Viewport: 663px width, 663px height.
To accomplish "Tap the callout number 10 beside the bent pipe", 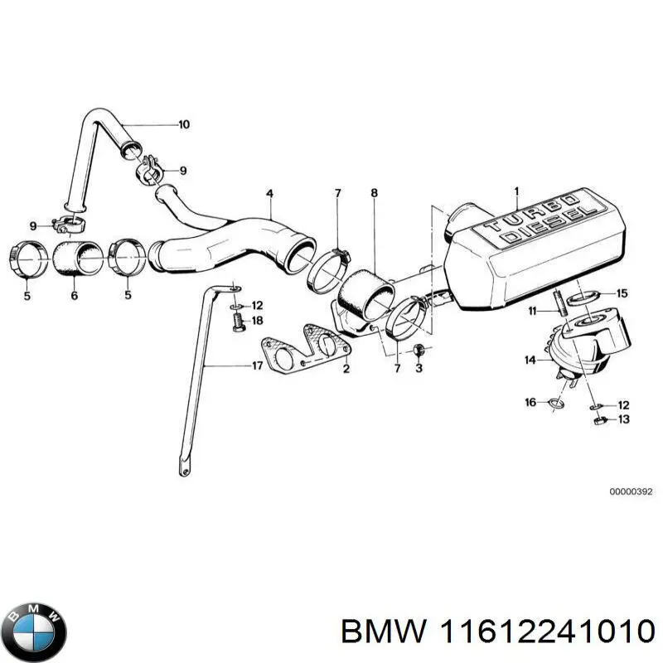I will click(x=183, y=125).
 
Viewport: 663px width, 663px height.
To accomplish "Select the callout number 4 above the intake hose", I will click(x=269, y=194).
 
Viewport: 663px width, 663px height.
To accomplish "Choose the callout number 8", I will click(x=374, y=193).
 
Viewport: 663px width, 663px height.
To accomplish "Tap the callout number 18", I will click(x=257, y=320).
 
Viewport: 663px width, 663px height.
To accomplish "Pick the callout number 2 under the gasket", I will click(x=346, y=369).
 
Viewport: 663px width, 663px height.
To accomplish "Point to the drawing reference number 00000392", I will click(x=631, y=491).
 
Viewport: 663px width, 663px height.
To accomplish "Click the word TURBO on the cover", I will click(x=530, y=213).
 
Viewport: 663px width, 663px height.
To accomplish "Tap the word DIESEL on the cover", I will click(x=551, y=226).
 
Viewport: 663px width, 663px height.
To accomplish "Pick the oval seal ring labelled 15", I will click(x=588, y=294).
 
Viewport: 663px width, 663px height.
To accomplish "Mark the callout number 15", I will click(x=622, y=293).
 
